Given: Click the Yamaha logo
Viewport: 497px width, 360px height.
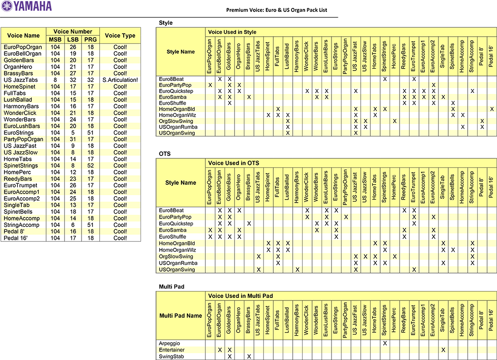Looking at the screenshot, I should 26,6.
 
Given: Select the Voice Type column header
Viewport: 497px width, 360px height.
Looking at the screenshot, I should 120,36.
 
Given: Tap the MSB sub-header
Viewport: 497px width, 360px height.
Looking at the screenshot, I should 55,40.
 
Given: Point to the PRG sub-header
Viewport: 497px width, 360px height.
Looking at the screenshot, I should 90,40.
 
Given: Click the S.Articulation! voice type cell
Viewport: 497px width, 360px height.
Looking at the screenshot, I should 120,80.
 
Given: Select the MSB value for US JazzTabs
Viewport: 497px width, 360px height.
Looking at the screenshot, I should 55,80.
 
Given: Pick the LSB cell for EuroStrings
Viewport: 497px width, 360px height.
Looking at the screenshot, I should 73,133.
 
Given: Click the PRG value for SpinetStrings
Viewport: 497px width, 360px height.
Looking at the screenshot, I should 90,165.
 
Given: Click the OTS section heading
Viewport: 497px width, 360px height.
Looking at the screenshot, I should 165,154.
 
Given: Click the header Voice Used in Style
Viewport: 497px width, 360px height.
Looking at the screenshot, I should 232,32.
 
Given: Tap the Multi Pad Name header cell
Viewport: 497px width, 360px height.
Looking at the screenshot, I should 180,316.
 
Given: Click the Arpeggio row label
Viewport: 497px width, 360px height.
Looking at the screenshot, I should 170,343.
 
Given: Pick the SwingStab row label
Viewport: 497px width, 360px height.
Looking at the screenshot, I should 171,357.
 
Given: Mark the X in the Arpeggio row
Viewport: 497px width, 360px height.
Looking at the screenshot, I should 385,343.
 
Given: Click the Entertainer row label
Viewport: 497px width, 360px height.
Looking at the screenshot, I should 172,350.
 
